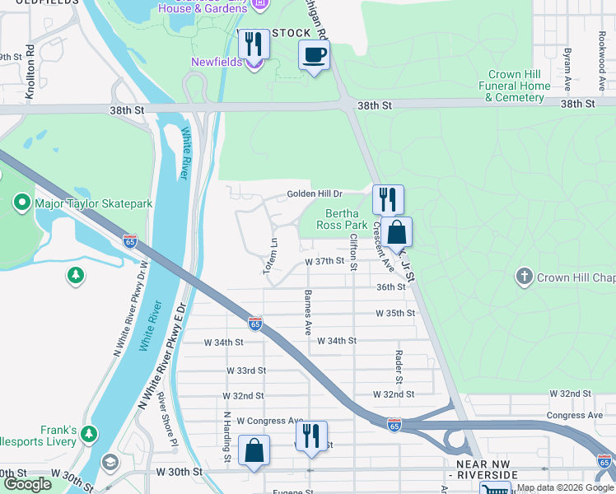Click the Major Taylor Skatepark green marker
(x=21, y=201)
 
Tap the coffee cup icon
(x=314, y=56)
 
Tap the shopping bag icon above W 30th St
(x=254, y=450)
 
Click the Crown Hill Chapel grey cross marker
(x=524, y=277)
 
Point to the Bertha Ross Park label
(x=343, y=218)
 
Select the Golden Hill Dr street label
(x=314, y=194)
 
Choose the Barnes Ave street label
(x=308, y=312)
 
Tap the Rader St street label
(x=398, y=366)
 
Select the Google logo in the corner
(x=28, y=484)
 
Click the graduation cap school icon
(x=110, y=462)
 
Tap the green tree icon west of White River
(x=76, y=274)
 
